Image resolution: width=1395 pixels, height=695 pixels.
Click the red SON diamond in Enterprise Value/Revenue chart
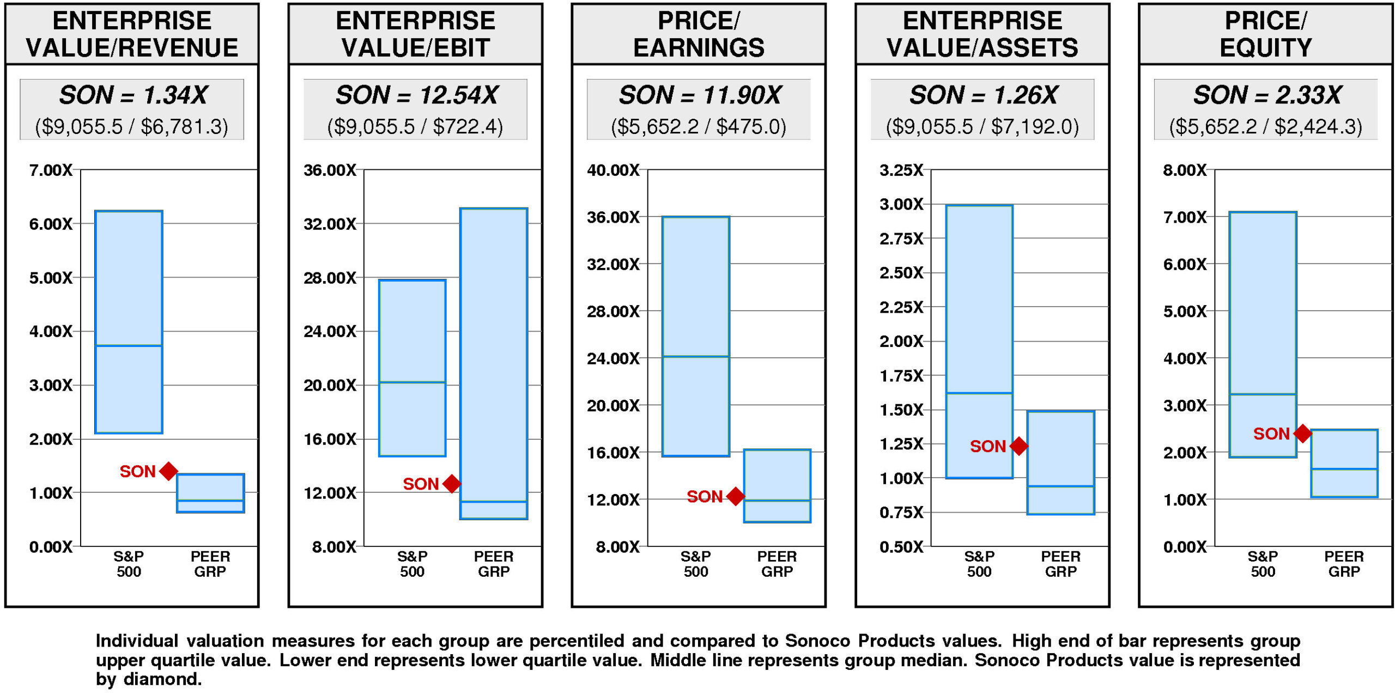169,471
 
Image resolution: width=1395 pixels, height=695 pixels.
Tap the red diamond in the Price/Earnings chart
736,496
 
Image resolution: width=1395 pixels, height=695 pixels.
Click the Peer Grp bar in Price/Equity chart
1344,463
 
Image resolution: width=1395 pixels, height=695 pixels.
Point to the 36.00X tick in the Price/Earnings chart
613,217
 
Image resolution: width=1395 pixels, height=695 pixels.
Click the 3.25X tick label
901,170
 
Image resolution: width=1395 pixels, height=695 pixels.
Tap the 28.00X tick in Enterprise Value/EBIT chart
330,278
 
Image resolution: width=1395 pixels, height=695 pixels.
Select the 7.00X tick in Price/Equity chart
1185,217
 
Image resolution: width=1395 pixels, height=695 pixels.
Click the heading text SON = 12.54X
416,95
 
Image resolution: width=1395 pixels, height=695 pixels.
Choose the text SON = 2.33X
1267,95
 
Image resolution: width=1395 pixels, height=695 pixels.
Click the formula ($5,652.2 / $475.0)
699,127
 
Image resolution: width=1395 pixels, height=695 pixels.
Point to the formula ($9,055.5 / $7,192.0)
982,127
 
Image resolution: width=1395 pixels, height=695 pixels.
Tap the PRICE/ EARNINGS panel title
699,34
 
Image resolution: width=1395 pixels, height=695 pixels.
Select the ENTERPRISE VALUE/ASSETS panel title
982,34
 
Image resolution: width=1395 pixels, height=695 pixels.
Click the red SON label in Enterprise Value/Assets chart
987,446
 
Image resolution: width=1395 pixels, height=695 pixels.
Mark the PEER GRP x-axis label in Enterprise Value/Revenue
210,564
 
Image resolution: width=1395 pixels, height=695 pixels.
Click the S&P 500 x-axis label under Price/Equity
1263,564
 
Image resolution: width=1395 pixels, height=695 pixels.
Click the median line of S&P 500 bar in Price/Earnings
696,357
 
